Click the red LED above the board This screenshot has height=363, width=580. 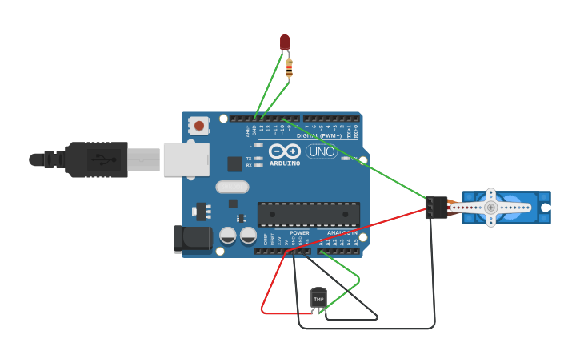tap(285, 42)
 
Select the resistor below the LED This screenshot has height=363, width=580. tap(289, 68)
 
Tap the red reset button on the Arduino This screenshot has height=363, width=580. tap(199, 125)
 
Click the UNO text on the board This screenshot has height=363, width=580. tap(322, 151)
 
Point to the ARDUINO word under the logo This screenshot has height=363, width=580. tap(285, 163)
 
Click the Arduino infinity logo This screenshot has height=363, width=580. tap(285, 151)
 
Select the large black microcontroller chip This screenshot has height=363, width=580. tap(308, 214)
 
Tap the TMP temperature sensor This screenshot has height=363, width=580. tap(318, 297)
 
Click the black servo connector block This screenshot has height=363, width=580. tap(436, 207)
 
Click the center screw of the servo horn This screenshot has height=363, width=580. tap(490, 208)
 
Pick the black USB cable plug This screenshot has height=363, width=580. tap(96, 159)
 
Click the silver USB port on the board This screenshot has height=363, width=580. tap(186, 159)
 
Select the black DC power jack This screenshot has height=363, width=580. tap(193, 239)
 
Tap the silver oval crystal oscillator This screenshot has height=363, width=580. tap(232, 187)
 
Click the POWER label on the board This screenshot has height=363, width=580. tap(299, 233)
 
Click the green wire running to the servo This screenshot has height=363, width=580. tap(360, 160)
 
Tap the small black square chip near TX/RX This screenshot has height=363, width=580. tap(234, 163)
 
